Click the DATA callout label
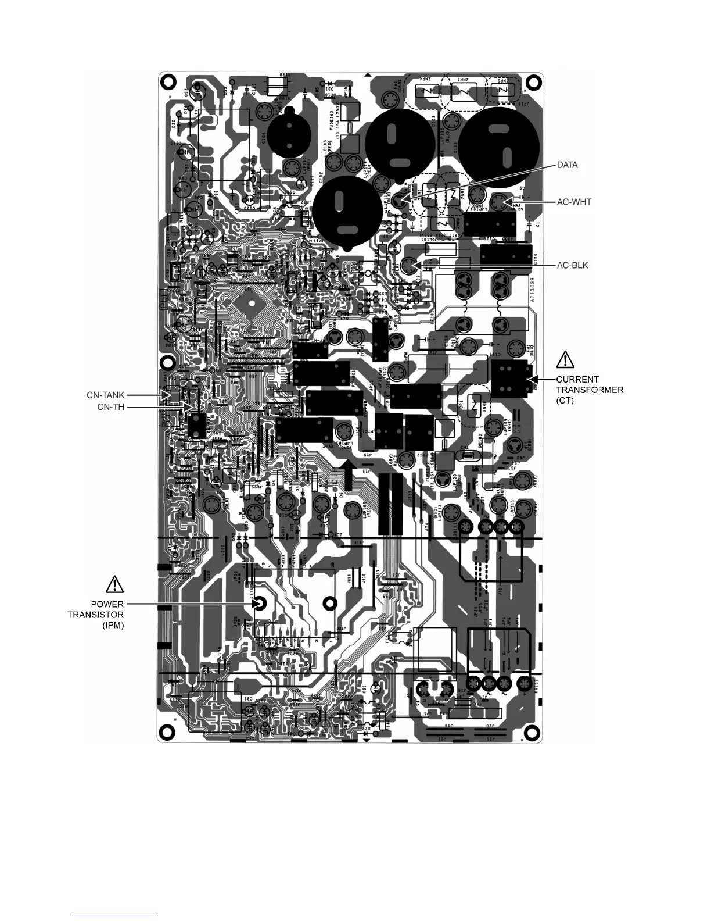click(567, 165)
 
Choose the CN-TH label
click(112, 408)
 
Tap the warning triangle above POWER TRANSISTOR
click(115, 583)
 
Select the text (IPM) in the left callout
click(113, 625)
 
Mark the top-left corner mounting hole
click(169, 81)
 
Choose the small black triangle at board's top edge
click(367, 75)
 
